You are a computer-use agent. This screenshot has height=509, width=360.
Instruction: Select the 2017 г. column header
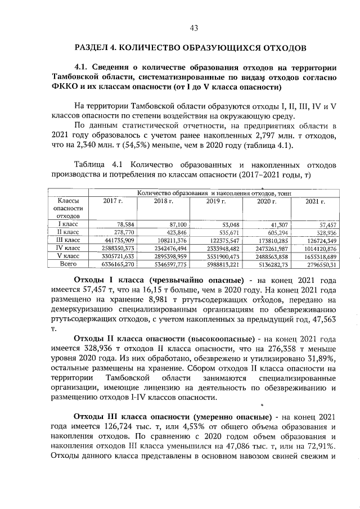tap(112, 201)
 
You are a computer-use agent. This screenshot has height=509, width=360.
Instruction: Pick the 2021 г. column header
tap(315, 201)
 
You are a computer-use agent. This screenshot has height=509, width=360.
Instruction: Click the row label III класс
tap(68, 240)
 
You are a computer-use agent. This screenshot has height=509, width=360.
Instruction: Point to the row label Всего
tap(68, 263)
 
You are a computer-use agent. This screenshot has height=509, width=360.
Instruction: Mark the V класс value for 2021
tap(319, 255)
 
